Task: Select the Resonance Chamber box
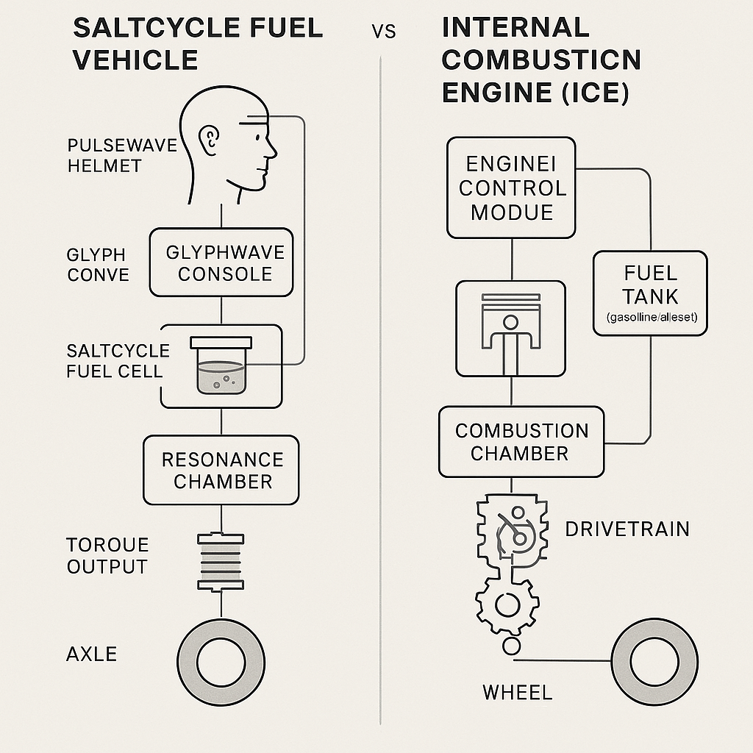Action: coord(221,471)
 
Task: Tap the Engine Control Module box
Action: coord(512,188)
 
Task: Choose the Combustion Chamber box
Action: coord(521,442)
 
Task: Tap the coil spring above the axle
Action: coord(221,561)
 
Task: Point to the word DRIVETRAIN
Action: coord(627,529)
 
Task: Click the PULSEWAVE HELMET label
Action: coord(122,155)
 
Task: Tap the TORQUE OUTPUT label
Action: coord(107,556)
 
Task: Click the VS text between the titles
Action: coord(383,32)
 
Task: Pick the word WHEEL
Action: coord(517,692)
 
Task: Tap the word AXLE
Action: coord(92,654)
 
